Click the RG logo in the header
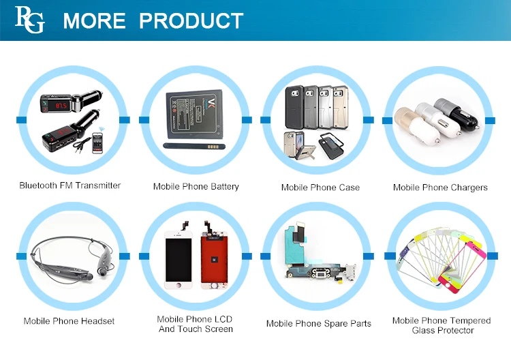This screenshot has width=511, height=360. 30,20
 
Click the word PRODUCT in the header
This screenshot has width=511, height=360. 191,20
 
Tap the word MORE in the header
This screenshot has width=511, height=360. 94,20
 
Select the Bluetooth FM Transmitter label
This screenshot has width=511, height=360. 69,185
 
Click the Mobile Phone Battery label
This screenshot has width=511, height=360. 196,187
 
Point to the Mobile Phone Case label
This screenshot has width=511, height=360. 320,187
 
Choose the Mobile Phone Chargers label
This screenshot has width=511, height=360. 440,187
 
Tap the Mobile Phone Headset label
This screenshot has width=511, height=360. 69,321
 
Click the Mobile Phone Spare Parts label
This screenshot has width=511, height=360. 319,323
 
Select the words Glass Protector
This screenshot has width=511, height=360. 443,330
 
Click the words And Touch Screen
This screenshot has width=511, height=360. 196,329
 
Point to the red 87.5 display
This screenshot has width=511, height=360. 61,106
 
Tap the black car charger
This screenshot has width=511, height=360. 457,112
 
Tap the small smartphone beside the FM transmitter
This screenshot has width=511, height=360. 97,142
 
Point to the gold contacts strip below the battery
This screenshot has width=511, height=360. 213,147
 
